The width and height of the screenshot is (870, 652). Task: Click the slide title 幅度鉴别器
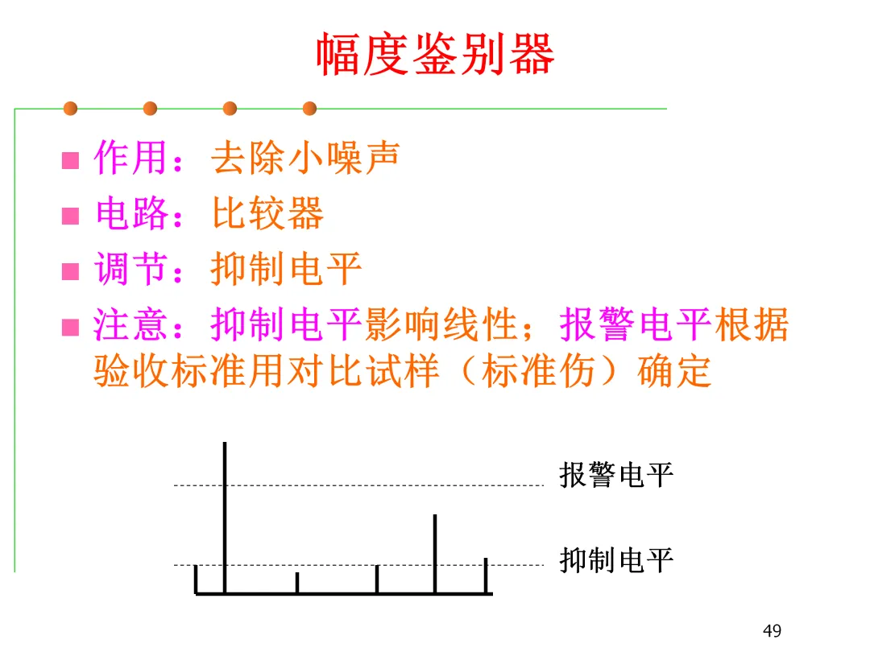(434, 55)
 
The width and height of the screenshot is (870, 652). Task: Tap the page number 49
(772, 631)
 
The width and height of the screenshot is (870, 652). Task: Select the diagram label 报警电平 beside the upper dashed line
(616, 475)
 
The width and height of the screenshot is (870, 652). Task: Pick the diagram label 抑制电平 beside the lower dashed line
(616, 560)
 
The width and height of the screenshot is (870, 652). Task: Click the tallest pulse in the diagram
(225, 515)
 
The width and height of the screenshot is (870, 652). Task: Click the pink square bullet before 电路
(71, 216)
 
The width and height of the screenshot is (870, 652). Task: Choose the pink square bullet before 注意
(71, 328)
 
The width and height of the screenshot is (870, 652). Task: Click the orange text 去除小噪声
(305, 158)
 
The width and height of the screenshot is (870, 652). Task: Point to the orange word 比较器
(267, 213)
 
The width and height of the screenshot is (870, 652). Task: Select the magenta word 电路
(133, 213)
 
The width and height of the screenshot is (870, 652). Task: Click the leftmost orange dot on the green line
(71, 108)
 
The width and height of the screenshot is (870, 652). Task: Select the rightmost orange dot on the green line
(309, 108)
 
